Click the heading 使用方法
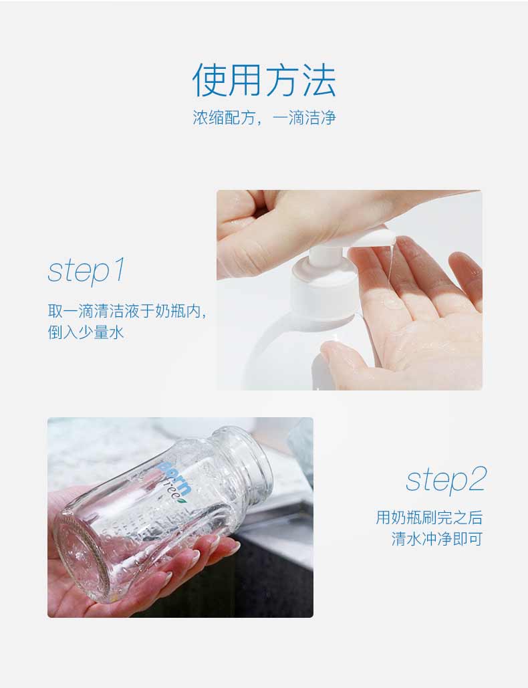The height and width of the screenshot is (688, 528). click(264, 80)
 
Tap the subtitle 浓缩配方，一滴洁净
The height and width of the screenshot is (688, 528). click(264, 118)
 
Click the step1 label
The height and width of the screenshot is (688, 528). click(87, 270)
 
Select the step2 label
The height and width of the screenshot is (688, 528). click(446, 480)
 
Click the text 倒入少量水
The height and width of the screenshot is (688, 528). click(86, 332)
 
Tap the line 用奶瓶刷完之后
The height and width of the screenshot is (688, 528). click(429, 518)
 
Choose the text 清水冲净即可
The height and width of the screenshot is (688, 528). click(437, 539)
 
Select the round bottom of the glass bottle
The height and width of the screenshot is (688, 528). click(82, 553)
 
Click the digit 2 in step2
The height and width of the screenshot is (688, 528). click(477, 479)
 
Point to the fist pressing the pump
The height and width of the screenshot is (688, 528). click(281, 228)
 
